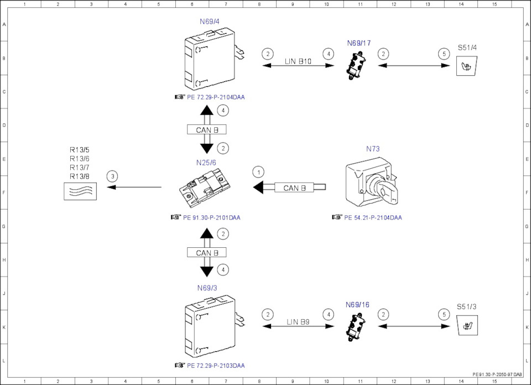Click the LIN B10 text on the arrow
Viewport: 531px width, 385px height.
(298, 61)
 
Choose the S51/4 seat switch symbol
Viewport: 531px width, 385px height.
(467, 68)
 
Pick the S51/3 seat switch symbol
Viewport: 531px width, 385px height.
(467, 326)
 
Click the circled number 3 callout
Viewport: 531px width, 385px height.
(113, 176)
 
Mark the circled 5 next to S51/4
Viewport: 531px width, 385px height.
(444, 54)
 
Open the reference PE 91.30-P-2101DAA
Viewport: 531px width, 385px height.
(211, 217)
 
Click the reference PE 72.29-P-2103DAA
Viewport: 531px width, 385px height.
(216, 366)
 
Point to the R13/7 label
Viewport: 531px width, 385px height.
(80, 167)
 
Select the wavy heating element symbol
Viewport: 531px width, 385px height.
(80, 191)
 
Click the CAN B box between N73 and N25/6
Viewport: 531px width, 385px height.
(294, 188)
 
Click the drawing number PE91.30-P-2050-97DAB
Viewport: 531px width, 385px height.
(497, 374)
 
